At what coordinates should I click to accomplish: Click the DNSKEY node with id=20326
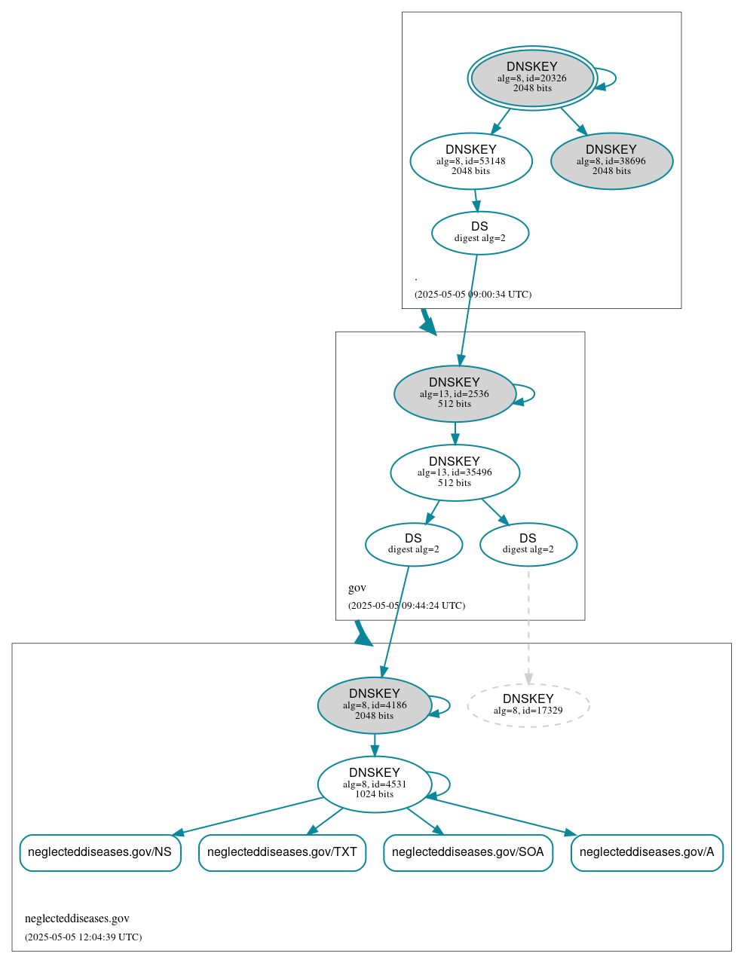(532, 78)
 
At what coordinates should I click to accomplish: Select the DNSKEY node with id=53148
(471, 160)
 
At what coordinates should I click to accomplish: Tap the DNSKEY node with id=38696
(611, 160)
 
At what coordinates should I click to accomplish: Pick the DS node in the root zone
(480, 233)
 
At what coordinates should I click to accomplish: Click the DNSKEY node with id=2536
(455, 393)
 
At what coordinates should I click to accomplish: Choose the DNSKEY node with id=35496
(455, 472)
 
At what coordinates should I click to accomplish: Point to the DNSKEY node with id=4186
(375, 705)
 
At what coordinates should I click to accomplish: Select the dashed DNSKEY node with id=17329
(528, 705)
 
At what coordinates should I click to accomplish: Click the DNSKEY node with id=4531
(375, 784)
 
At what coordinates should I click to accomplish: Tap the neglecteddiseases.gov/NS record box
(100, 852)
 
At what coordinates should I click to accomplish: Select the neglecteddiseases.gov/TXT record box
(282, 852)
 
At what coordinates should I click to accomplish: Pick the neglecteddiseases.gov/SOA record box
(468, 852)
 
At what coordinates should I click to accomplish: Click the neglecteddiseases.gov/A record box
(647, 852)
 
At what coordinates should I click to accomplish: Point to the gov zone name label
(357, 588)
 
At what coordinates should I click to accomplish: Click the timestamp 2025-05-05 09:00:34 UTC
(473, 295)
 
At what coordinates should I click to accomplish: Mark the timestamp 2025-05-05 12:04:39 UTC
(83, 937)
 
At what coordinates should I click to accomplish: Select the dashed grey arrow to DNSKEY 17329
(528, 625)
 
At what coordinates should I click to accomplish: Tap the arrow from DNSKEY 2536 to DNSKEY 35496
(455, 433)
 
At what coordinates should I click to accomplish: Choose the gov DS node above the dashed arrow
(528, 544)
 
